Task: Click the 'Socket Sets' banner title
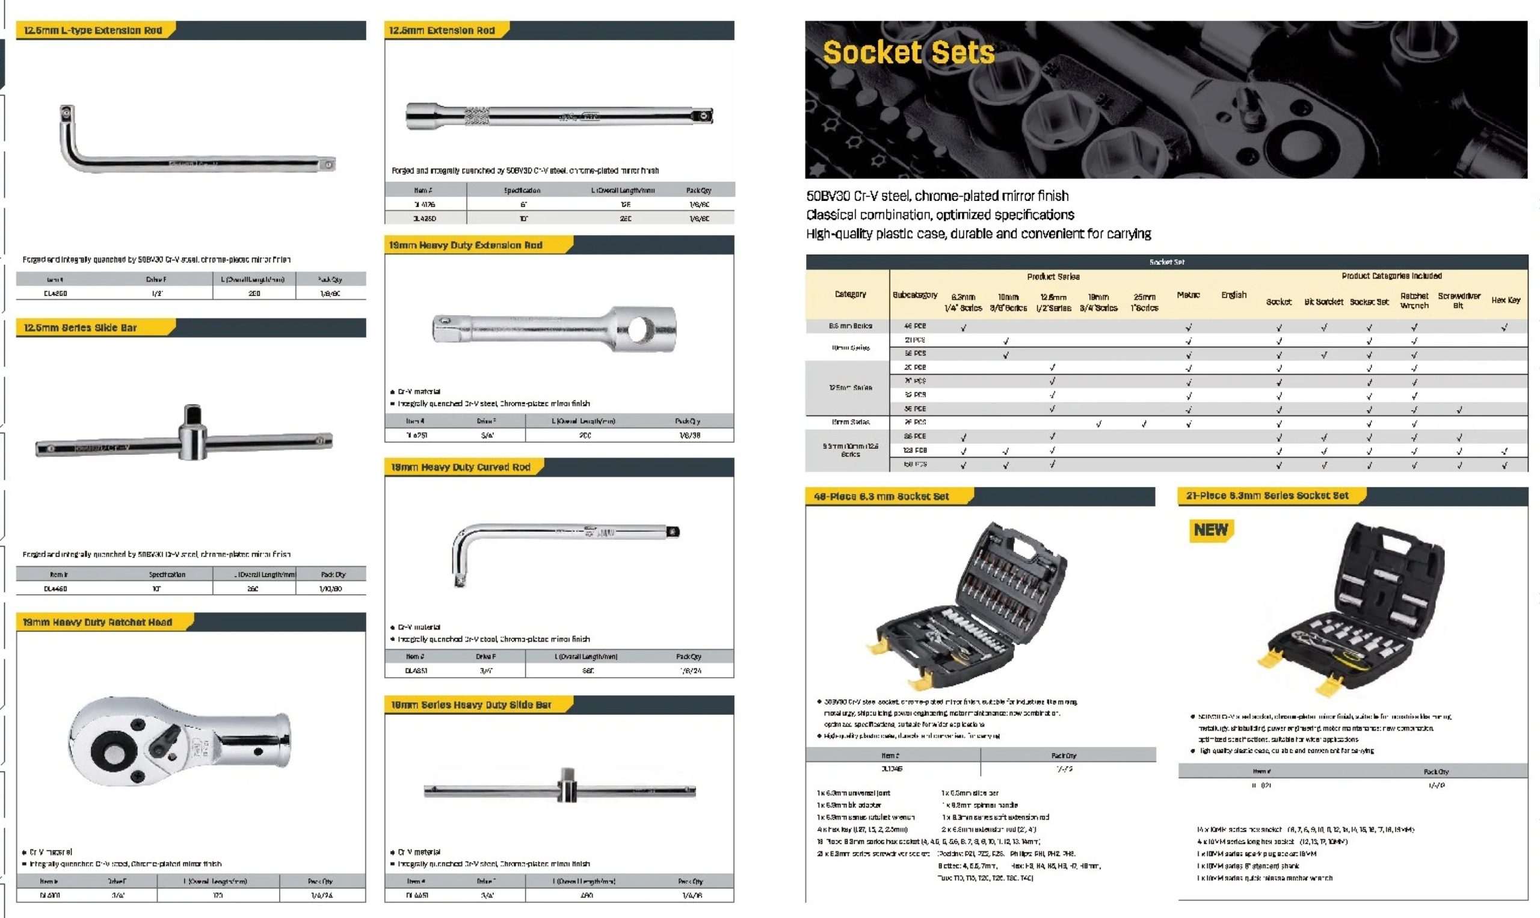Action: pos(908,52)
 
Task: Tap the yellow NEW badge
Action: pos(1210,530)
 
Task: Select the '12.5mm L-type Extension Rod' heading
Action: pos(93,30)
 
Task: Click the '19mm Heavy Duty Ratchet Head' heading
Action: pos(97,622)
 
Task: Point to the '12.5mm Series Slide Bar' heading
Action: pos(81,328)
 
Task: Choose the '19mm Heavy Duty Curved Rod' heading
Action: pos(460,467)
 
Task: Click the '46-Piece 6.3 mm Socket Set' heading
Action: pos(881,496)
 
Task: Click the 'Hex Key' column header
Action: pos(1505,300)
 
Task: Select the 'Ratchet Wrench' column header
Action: pos(1414,301)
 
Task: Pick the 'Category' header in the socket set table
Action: pos(851,294)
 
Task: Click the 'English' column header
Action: pos(1234,295)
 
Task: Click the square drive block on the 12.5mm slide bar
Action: pos(193,416)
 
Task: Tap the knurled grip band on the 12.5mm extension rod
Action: pos(477,116)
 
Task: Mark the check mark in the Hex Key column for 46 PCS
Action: pos(1504,327)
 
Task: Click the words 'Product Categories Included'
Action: pos(1391,276)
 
